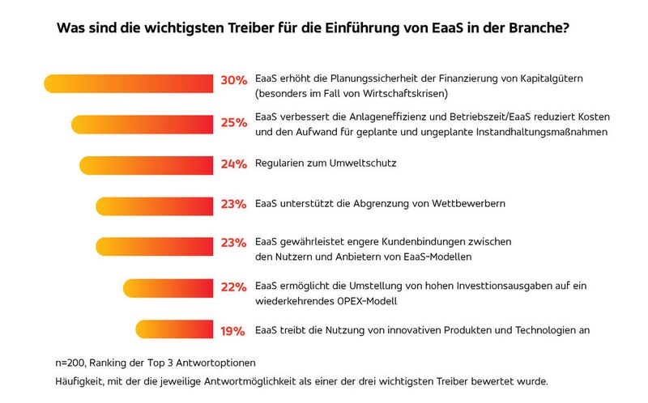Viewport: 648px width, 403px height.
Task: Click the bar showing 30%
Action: (x=130, y=83)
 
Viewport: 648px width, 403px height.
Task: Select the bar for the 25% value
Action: (x=143, y=124)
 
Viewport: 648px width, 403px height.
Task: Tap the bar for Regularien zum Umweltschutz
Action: (x=147, y=164)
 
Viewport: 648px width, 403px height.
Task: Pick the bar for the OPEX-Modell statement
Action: (x=168, y=288)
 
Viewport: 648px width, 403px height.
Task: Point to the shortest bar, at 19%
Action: (x=174, y=329)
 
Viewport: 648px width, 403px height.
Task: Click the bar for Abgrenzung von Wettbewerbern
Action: (x=155, y=206)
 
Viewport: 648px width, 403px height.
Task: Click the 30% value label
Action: (x=233, y=81)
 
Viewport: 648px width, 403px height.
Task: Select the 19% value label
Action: (x=233, y=330)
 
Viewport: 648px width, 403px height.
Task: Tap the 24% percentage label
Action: (x=233, y=164)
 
